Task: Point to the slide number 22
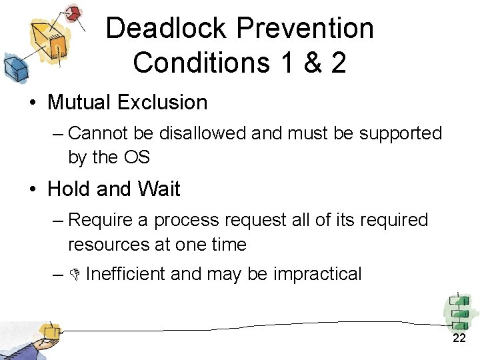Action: click(x=459, y=338)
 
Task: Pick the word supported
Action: click(x=401, y=133)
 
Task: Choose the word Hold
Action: click(x=69, y=189)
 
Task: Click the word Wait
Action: click(x=159, y=189)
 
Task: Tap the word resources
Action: click(x=109, y=244)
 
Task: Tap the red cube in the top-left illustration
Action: click(x=74, y=13)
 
